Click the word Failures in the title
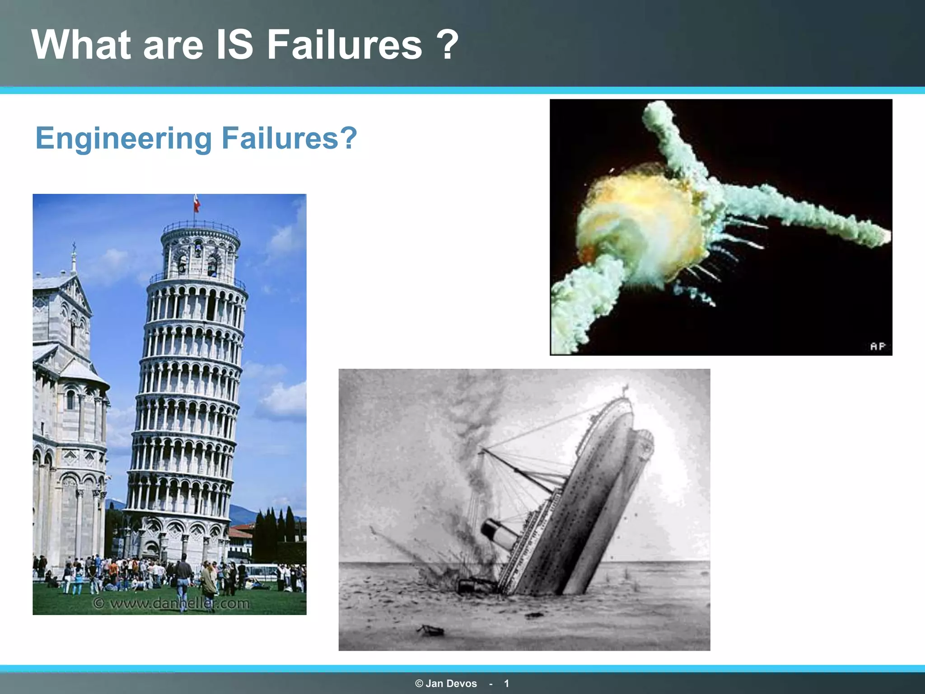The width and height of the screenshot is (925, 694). coord(344,45)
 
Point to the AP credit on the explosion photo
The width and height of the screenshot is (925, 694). coord(878,346)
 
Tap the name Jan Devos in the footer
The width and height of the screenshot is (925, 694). coord(451,684)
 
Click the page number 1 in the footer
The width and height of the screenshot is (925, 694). coord(506,684)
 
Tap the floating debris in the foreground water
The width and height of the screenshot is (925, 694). coord(431,629)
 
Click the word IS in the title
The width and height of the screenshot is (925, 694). coord(235,45)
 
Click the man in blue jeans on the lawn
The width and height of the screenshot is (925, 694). coord(183,583)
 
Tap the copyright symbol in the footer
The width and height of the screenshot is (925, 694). coord(419,684)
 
